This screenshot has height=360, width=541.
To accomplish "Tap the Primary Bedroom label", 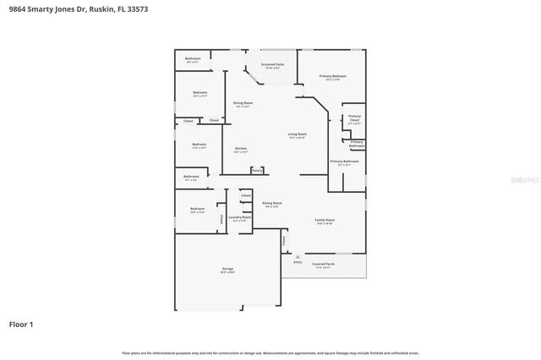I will tap(333, 77).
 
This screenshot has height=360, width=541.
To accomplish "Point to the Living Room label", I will tap(297, 134).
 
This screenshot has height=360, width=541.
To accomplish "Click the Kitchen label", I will tap(241, 150).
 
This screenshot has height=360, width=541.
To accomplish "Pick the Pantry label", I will tap(256, 170).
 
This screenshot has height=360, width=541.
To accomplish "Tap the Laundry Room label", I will tap(239, 217).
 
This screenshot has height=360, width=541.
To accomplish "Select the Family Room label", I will tap(325, 221).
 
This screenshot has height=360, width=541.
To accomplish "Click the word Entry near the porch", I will tap(298, 262).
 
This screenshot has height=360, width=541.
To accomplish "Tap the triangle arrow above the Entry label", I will tap(298, 256).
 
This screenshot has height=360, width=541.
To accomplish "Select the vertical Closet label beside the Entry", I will tap(285, 240).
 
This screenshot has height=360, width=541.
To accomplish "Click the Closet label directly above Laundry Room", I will tap(246, 195).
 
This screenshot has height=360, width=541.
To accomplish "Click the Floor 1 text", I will tap(21, 324).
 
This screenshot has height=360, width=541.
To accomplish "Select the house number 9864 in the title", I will tap(16, 10).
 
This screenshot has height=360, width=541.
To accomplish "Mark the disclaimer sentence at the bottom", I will tap(270, 352).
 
